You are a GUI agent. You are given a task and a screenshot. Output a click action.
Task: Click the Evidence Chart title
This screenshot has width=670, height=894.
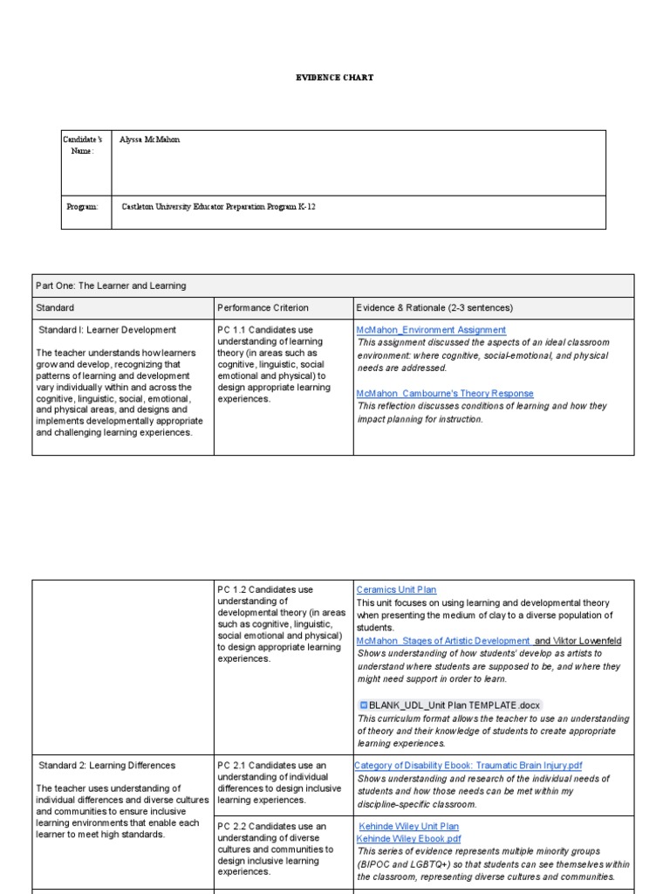pos(334,78)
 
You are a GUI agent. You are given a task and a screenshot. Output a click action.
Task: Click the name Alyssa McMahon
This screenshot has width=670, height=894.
pos(150,140)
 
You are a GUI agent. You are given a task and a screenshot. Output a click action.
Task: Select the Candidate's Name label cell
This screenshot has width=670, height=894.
pos(86,145)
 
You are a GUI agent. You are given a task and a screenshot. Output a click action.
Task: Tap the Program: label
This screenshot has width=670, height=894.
pos(83,207)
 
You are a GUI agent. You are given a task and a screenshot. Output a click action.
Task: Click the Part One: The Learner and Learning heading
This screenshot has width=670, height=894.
pos(111,285)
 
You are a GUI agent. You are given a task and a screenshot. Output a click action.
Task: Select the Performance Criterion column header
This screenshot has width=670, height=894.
pos(263,307)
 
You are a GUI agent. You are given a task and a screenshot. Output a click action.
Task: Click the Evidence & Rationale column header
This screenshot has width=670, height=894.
pos(434,307)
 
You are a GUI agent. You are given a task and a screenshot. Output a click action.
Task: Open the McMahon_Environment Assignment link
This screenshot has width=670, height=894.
pos(431,330)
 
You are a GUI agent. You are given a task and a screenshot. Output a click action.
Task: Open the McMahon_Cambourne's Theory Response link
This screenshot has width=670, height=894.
pos(445,394)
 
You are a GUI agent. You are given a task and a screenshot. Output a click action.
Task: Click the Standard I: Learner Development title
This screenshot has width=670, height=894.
pos(107,330)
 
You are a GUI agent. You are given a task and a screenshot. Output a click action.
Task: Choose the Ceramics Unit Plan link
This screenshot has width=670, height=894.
pos(397,590)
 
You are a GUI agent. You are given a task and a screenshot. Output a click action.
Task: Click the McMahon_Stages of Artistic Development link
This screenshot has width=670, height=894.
pos(443,641)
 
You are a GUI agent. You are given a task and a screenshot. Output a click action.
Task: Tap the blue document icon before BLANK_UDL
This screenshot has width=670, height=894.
pos(363,705)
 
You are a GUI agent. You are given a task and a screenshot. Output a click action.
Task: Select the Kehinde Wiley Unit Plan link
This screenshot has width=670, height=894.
pos(408,826)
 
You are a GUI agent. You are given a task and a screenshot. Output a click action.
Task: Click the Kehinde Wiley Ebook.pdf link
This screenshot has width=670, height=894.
pos(408,839)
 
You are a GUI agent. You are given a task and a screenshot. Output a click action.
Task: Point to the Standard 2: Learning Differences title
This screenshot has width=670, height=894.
pos(106,766)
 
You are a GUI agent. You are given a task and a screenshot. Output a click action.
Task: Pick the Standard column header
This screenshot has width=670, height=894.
pos(55,307)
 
